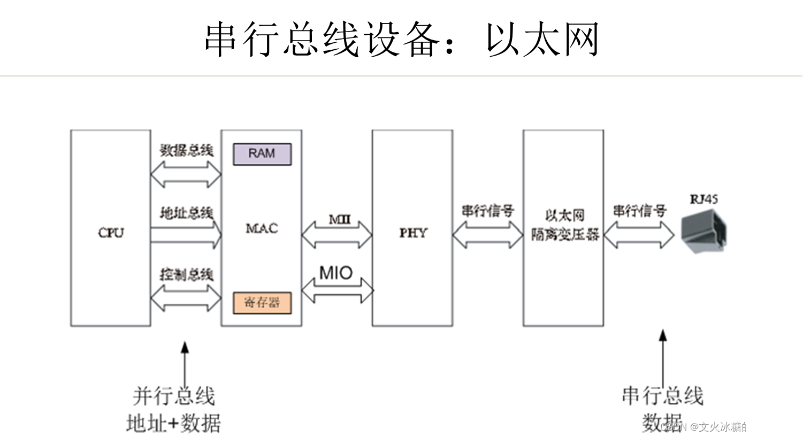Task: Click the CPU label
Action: click(111, 233)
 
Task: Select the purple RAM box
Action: click(262, 154)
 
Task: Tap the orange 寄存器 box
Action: click(262, 303)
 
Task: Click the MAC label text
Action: click(262, 228)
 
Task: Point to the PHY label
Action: click(413, 233)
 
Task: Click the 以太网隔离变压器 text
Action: click(564, 225)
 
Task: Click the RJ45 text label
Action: click(703, 200)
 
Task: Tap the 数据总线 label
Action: click(186, 150)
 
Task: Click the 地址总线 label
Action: click(186, 213)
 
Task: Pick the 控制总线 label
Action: click(186, 274)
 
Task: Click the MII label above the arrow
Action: click(339, 219)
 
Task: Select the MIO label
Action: click(336, 273)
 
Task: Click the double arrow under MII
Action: click(337, 235)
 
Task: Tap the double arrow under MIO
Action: click(337, 290)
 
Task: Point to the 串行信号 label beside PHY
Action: click(487, 211)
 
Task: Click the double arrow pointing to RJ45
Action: click(639, 235)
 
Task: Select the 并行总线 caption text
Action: click(174, 396)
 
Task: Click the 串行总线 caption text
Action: click(662, 396)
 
